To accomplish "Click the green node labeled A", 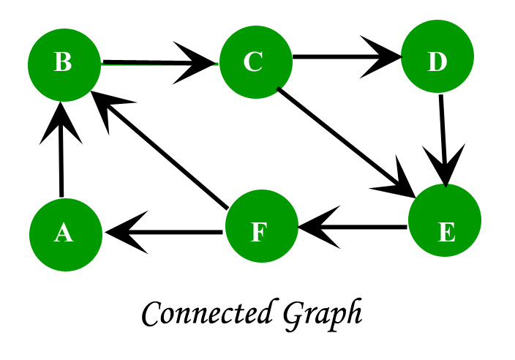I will [x=64, y=233].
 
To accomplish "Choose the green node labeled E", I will [x=445, y=233].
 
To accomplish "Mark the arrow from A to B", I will [x=62, y=154].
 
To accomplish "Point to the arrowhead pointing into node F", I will [x=315, y=229].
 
